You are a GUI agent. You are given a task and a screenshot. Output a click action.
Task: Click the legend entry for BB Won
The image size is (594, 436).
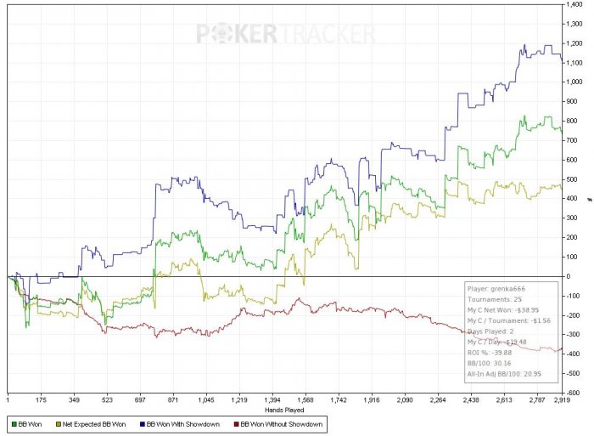pyautogui.click(x=32, y=422)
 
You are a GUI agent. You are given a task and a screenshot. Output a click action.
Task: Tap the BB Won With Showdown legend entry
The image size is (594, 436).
pyautogui.click(x=180, y=422)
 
